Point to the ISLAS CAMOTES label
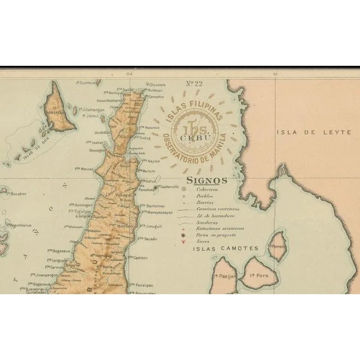pos(225,248)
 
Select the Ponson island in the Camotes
pos(277,245)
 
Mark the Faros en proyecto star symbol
pos(183,236)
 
